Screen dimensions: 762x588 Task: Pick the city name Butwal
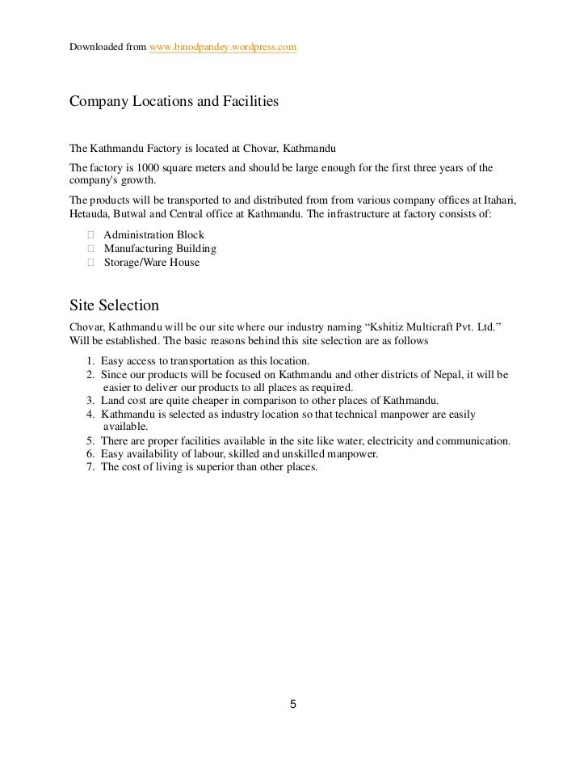132,214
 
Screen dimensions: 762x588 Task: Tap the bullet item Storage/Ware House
151,263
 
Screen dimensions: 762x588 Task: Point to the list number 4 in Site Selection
89,414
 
